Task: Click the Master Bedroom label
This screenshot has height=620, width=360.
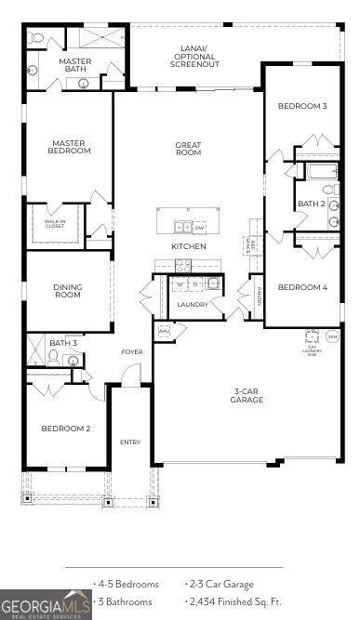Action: tap(69, 147)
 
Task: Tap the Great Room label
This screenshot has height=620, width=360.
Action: tap(188, 148)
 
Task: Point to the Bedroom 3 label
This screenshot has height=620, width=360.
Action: tap(302, 106)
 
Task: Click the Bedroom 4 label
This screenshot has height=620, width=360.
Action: tap(302, 287)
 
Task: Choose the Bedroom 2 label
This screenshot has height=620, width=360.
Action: tap(65, 429)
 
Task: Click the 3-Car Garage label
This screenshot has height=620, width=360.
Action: tap(247, 396)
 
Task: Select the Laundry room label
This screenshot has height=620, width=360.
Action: tap(193, 304)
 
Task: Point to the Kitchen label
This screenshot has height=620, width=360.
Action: tap(188, 246)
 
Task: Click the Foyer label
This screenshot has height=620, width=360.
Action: tap(132, 352)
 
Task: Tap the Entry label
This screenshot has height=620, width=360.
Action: tap(130, 442)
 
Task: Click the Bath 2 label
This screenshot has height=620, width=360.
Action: tap(311, 204)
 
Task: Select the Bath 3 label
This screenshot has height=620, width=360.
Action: tap(62, 343)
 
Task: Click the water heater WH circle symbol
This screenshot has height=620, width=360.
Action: tap(332, 336)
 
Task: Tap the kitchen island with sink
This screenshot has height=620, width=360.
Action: tap(190, 224)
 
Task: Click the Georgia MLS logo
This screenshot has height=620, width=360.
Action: tap(46, 604)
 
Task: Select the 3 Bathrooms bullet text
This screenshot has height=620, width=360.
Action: tap(127, 601)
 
